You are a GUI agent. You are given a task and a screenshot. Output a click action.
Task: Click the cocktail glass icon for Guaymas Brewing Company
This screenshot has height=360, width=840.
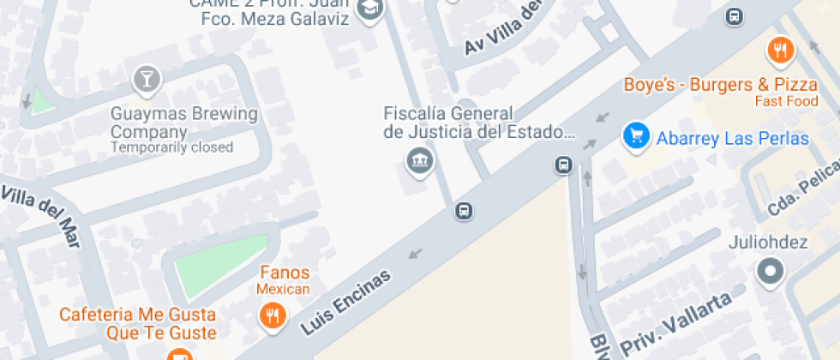(147, 80)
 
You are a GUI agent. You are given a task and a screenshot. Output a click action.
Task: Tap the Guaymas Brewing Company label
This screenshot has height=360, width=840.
(184, 123)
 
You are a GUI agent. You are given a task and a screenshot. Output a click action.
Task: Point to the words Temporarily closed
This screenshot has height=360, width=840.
(171, 147)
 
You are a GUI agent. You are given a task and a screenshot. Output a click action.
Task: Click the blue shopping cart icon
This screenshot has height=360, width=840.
(635, 135)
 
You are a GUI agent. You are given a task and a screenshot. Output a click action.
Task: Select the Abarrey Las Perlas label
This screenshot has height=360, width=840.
(732, 138)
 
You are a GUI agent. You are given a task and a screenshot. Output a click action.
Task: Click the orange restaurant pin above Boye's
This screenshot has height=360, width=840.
(780, 51)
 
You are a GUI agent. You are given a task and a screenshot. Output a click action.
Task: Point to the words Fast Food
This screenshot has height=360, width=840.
(786, 101)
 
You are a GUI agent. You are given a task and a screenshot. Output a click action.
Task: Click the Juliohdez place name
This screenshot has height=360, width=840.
(769, 243)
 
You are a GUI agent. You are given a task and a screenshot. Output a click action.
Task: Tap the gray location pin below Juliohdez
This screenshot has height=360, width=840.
(770, 272)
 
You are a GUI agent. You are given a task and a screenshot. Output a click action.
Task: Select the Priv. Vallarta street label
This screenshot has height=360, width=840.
(677, 324)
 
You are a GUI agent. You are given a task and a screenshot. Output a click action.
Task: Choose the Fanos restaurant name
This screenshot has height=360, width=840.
(285, 273)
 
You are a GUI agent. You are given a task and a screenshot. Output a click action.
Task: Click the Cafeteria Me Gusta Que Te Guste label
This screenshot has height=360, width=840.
(137, 323)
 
